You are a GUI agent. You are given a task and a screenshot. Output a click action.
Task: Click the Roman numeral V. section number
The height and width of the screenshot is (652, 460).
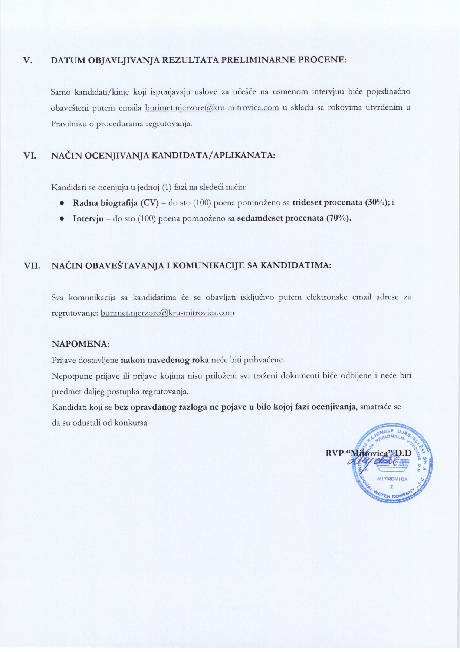(x=27, y=61)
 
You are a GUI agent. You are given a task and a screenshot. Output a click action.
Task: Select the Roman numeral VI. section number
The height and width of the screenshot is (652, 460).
(x=30, y=156)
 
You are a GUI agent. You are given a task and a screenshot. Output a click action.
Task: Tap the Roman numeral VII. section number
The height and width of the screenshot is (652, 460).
(x=32, y=266)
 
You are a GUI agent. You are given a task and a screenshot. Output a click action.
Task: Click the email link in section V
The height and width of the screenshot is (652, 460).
(x=212, y=108)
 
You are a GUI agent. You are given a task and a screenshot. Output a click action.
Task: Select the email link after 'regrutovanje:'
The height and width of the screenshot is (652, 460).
(x=167, y=313)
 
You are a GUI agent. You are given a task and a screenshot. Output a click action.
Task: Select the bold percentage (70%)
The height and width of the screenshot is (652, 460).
(x=338, y=218)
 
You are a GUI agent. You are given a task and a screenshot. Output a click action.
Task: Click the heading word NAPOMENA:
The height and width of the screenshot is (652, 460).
(x=80, y=344)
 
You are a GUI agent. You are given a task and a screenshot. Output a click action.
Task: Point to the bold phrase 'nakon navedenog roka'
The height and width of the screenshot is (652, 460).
(x=165, y=360)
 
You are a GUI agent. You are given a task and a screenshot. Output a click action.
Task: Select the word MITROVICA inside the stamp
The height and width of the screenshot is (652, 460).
(x=392, y=479)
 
